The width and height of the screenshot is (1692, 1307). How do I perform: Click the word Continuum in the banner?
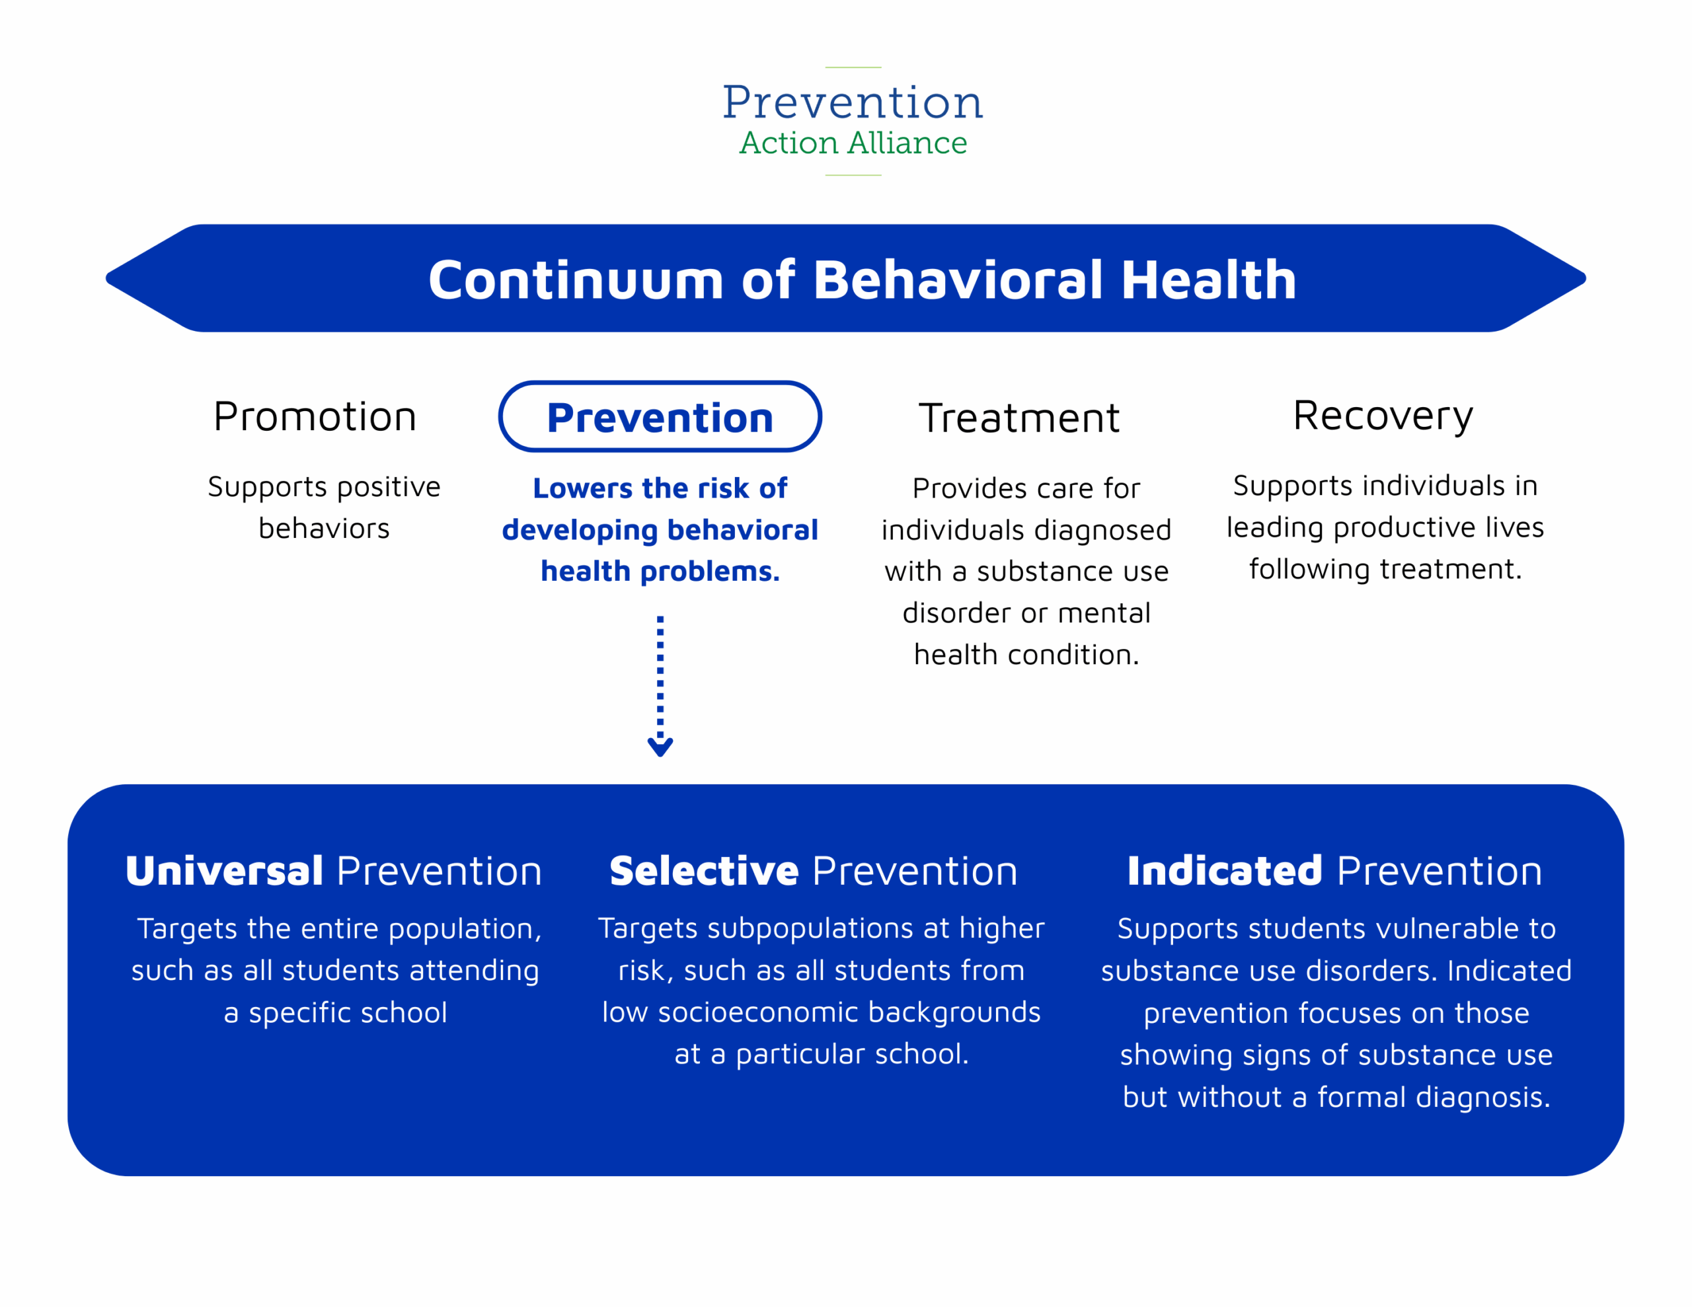point(576,280)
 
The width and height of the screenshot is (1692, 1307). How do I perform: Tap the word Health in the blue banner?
point(1209,280)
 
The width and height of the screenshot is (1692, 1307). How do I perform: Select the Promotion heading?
point(315,417)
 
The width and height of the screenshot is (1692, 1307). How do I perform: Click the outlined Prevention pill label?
point(660,418)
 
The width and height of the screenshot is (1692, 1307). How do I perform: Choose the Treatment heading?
point(1019,418)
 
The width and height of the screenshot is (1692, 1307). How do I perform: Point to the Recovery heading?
point(1383,416)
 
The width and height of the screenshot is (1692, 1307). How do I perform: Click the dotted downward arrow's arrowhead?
point(660,747)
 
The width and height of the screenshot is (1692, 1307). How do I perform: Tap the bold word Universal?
point(225,871)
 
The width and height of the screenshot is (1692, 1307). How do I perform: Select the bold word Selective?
point(703,871)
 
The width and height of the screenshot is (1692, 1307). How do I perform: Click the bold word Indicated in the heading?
point(1224,871)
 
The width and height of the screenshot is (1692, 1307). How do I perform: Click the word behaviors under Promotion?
point(324,529)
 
